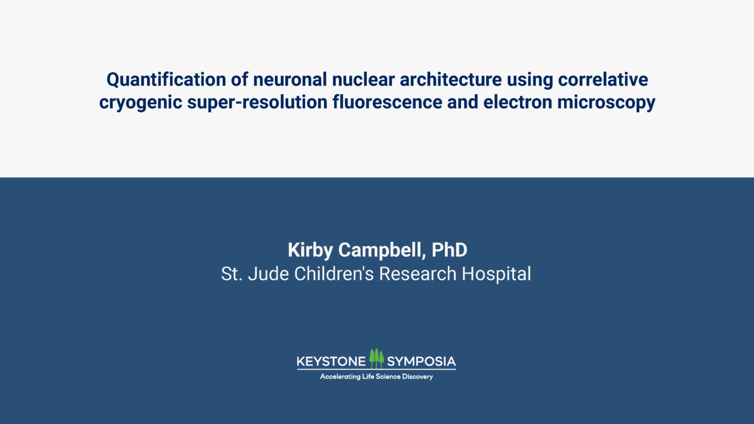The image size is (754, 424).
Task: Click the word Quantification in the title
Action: [166, 80]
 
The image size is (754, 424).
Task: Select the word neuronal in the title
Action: [290, 80]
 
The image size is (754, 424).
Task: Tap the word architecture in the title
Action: [451, 80]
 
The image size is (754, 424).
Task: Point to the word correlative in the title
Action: [603, 80]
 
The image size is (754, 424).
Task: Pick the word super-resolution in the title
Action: [257, 103]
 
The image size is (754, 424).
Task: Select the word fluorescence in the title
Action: [387, 102]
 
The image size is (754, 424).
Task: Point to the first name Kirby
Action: [310, 250]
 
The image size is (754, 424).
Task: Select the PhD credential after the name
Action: [449, 250]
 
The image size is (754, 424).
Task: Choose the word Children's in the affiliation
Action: [334, 274]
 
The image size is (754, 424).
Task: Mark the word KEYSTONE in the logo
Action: [331, 362]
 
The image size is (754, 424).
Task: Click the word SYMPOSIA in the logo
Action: [421, 362]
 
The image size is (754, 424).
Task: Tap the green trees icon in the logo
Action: [376, 358]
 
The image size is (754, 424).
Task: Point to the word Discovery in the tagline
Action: [417, 376]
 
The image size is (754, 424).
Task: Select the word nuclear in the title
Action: [363, 80]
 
